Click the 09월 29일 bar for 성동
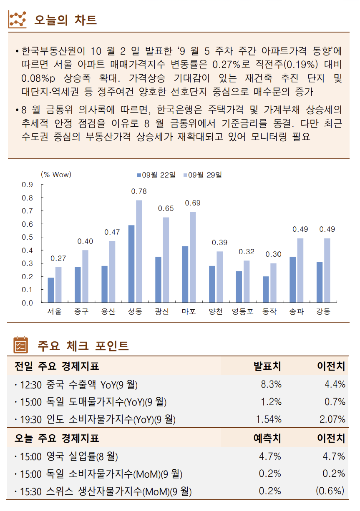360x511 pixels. [139, 251]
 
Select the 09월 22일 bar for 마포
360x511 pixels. [185, 274]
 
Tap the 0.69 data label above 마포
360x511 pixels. [193, 203]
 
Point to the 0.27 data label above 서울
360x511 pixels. [58, 258]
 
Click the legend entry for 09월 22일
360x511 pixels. [156, 175]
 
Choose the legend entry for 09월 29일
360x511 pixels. [202, 175]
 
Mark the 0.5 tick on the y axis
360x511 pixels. [28, 237]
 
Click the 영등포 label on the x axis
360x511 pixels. [243, 311]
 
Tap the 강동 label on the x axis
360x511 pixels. [323, 311]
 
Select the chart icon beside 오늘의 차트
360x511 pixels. [18, 19]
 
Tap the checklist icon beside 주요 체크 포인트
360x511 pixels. [20, 345]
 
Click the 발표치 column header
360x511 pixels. [267, 366]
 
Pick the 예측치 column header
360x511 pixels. [267, 438]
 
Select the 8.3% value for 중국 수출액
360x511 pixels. [271, 384]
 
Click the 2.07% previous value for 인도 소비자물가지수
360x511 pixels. [332, 419]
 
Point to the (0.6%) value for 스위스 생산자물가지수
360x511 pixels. [330, 491]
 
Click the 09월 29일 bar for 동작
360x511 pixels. [273, 283]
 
